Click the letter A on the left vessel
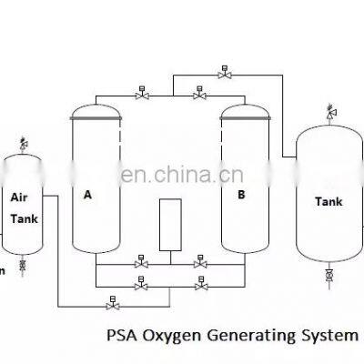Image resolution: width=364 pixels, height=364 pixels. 88,194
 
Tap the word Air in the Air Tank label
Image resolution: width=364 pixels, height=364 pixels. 20,196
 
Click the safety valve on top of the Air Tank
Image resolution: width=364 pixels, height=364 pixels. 23,142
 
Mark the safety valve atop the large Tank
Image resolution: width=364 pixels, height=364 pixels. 329,112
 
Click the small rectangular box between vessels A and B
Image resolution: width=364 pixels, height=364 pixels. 170,223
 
